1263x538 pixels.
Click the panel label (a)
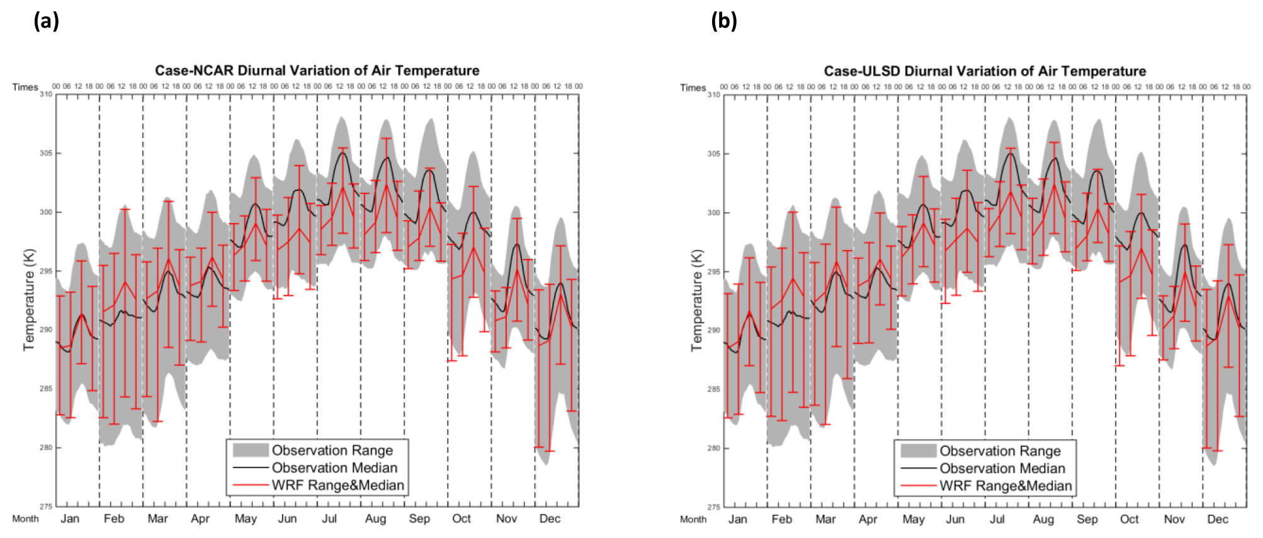coord(46,21)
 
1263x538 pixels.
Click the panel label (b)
coord(723,21)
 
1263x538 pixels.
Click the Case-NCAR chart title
coord(317,71)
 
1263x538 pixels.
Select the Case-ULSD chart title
coord(985,71)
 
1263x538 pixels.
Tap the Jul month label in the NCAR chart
coord(329,518)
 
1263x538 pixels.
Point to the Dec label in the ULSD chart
coord(1218,519)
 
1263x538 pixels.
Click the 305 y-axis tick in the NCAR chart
coord(46,153)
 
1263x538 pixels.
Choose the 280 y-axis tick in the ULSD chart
coord(713,449)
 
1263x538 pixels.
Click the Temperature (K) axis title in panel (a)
coord(29,299)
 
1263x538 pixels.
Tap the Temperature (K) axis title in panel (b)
coord(696,300)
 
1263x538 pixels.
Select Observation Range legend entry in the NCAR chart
coord(332,450)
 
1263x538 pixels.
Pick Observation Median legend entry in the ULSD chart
coord(1002,469)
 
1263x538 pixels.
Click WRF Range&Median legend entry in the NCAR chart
coord(337,485)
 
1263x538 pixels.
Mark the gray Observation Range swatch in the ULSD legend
coord(918,451)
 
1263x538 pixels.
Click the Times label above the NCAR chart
coord(25,87)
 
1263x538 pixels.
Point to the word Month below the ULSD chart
coord(693,519)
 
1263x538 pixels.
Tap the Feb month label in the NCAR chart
coord(114,518)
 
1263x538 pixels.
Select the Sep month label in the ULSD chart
coord(1087,519)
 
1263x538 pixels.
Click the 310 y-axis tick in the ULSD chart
coord(713,94)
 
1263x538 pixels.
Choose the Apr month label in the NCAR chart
coord(200,518)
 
